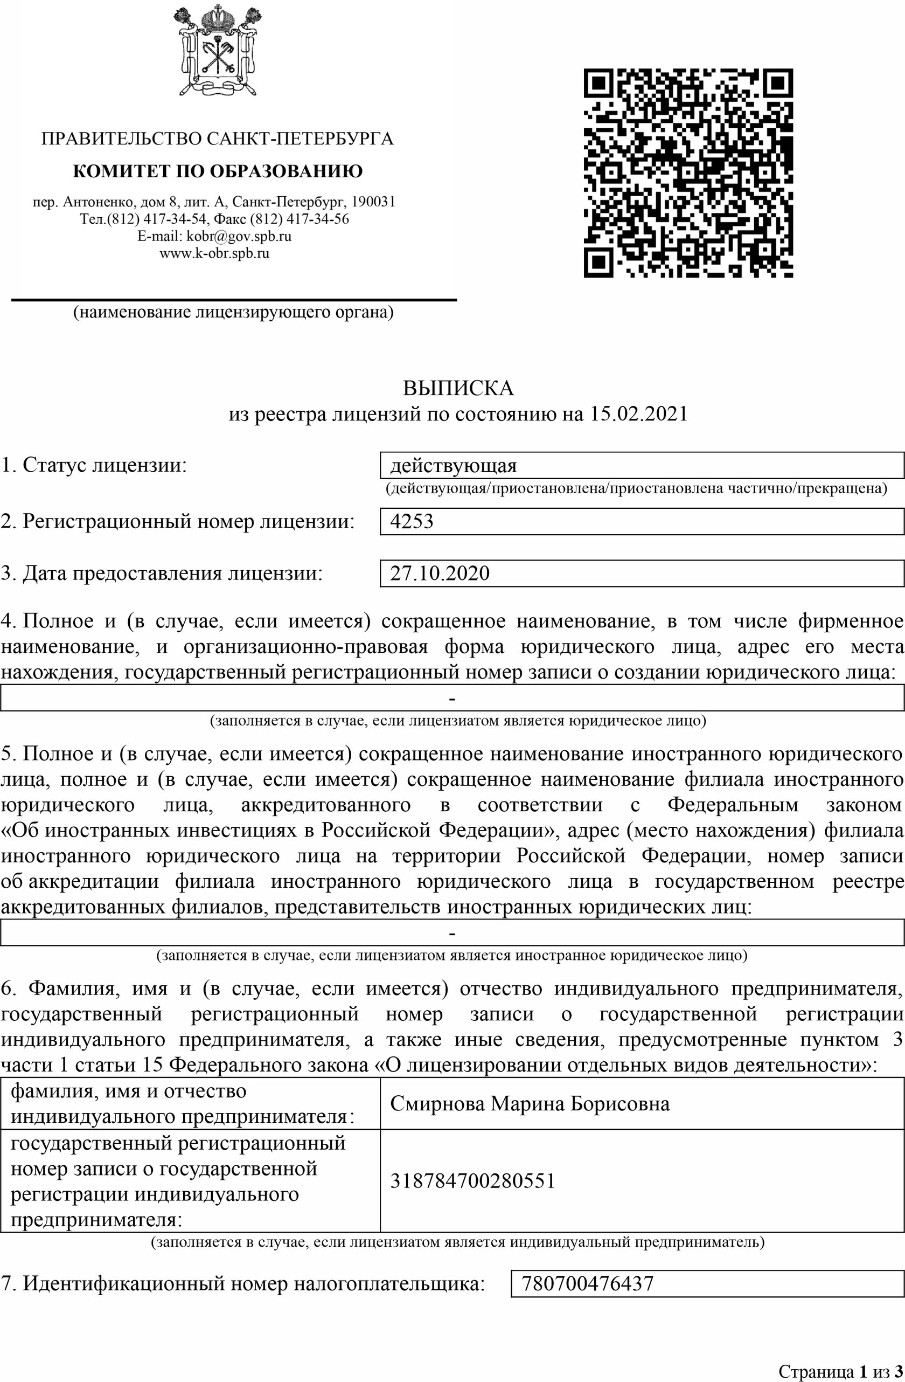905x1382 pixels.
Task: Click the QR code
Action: tap(688, 173)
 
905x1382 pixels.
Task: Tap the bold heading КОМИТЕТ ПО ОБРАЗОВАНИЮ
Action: tap(218, 171)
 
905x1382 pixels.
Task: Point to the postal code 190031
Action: tap(374, 202)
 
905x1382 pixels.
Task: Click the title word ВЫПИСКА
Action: tap(458, 388)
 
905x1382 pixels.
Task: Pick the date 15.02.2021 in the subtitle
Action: tap(638, 413)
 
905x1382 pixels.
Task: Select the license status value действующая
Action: tap(454, 466)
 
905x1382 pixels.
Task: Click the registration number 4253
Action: tap(412, 521)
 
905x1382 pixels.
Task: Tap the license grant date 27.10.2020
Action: tap(440, 573)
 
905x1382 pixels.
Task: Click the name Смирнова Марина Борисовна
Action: tap(530, 1103)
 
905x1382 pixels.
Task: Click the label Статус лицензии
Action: tap(94, 465)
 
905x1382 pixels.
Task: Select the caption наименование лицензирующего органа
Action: tap(233, 313)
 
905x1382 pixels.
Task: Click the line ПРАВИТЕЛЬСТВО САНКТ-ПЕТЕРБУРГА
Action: tap(218, 139)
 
